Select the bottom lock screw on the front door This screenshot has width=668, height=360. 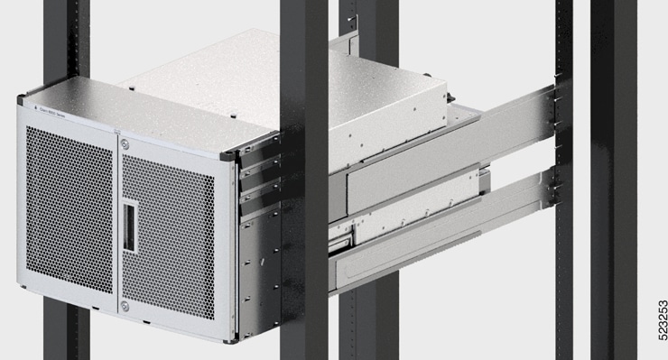(x=125, y=307)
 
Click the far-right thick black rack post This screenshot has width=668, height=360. (x=613, y=180)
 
